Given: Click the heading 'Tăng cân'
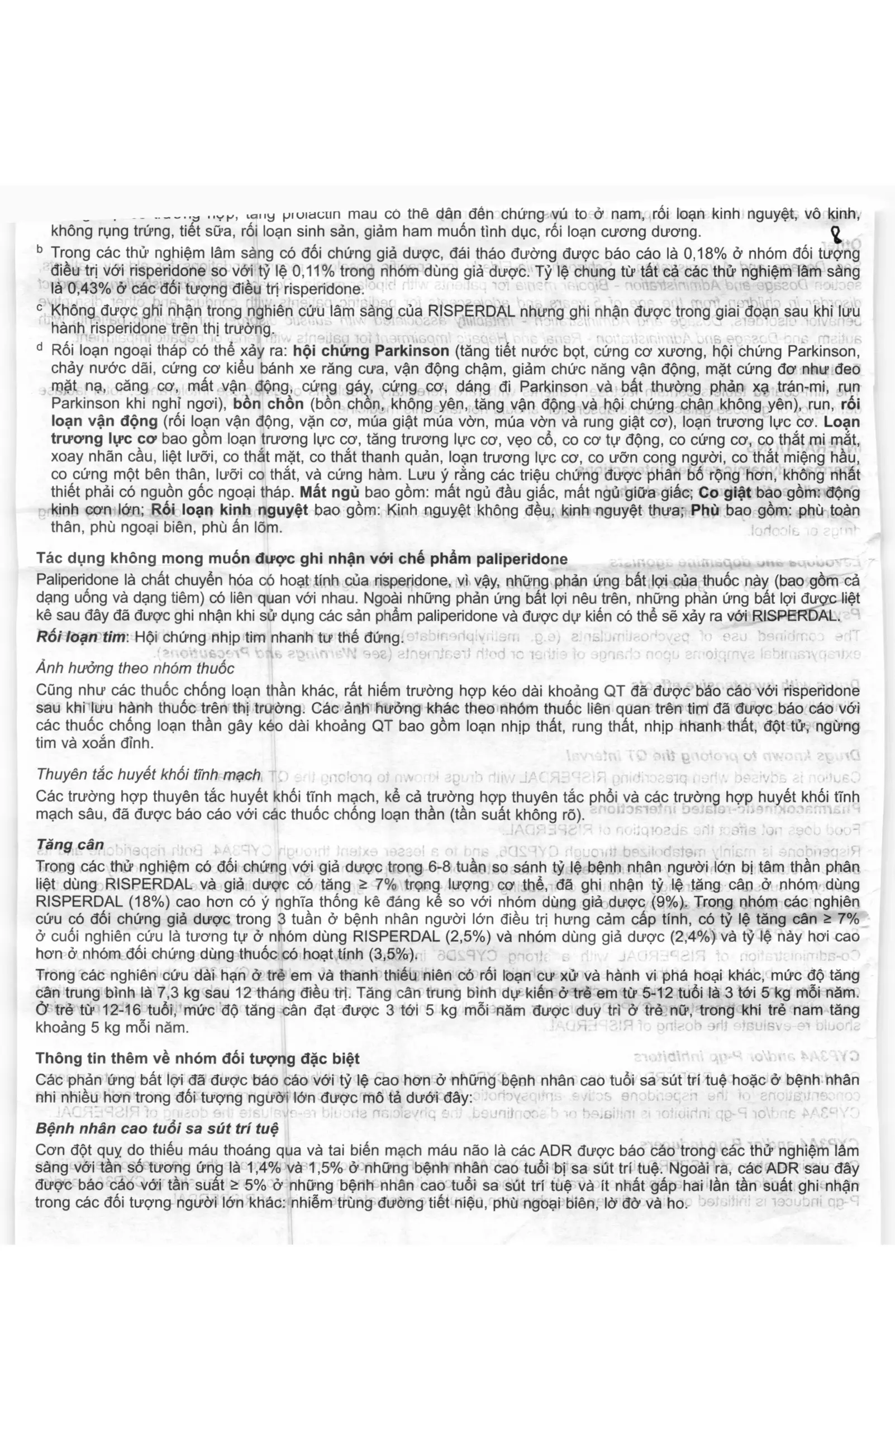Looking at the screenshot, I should [69, 844].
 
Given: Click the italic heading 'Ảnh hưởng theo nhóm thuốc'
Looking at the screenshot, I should [135, 668].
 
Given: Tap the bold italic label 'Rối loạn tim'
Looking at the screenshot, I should [81, 637].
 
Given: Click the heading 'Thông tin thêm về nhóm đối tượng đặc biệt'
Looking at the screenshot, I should [197, 1058].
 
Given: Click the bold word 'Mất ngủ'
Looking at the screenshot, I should [330, 493].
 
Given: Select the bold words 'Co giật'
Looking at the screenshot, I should [725, 493].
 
